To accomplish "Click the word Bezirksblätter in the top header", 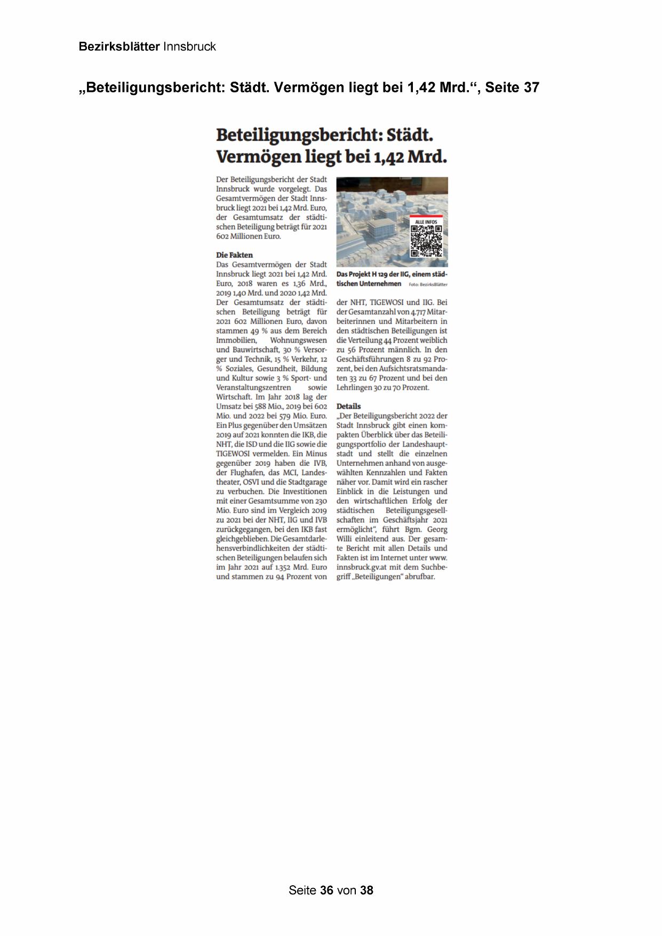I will coord(119,46).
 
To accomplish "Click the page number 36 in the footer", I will coord(327,890).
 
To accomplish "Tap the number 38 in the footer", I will coord(366,890).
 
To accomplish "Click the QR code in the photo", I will coord(426,241).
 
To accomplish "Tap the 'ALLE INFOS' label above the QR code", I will coord(426,221).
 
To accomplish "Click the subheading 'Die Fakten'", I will coord(234,255).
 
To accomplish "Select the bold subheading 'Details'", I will coord(348,406).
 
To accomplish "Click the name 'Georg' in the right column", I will coord(437,529).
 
